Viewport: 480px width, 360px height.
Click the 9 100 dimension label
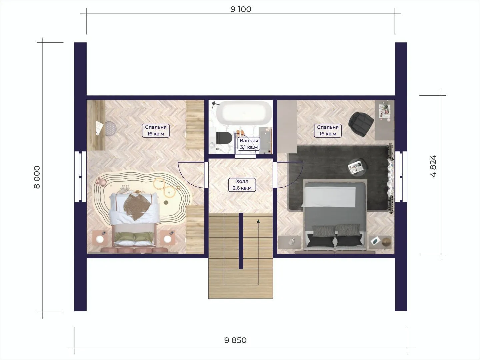[241, 9]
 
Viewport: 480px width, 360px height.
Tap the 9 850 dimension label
[235, 340]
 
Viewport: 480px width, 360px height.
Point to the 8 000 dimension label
[37, 177]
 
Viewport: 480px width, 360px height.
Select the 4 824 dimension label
[433, 166]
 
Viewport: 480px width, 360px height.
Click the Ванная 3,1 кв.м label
[249, 144]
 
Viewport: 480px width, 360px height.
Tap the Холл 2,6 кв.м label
[242, 185]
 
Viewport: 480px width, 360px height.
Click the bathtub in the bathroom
[244, 113]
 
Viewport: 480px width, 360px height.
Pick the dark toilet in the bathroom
[224, 138]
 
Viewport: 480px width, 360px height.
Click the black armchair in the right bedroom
[361, 124]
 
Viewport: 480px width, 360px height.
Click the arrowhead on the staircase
[258, 221]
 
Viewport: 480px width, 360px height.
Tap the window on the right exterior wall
[401, 177]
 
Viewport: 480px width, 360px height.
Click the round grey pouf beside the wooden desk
[110, 129]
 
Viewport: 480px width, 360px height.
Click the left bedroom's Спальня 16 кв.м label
[156, 130]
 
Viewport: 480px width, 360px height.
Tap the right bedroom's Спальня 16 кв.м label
[328, 130]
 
